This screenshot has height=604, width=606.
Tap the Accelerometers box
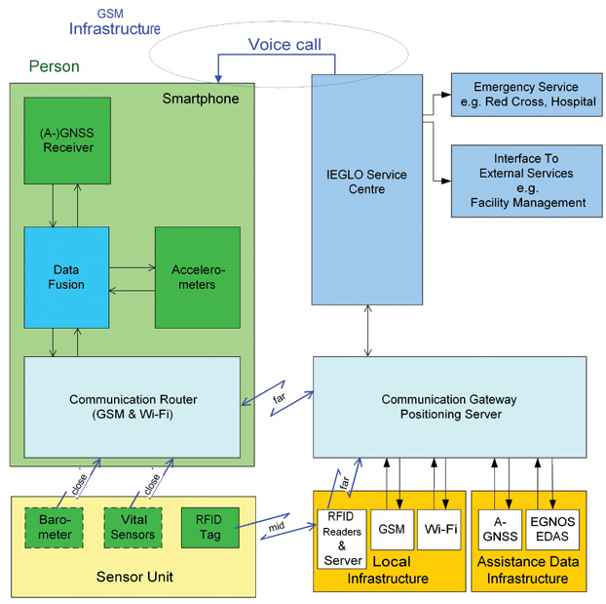tap(197, 276)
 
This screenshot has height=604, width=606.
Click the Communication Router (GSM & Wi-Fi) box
tap(131, 407)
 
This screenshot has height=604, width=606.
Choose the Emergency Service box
tap(519, 95)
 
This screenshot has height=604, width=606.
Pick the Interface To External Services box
tap(519, 181)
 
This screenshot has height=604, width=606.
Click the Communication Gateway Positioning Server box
tap(449, 407)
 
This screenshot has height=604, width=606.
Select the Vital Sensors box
tap(134, 528)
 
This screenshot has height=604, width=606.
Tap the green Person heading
tap(55, 67)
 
